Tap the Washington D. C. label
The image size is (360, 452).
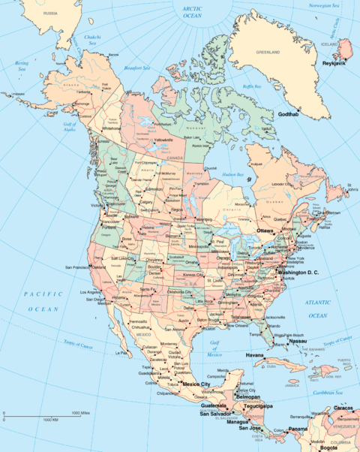[x=298, y=271]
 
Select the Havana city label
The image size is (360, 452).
[x=256, y=354]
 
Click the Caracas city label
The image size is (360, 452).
[x=343, y=407]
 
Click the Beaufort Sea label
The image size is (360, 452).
[x=137, y=68]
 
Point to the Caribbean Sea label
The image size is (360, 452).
[x=329, y=393]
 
